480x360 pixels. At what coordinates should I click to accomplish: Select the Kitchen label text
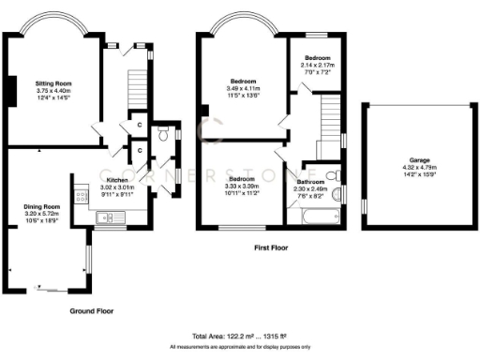pos(117,179)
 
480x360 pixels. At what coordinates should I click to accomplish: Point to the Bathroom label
pos(310,182)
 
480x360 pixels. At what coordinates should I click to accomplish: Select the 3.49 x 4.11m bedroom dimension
pos(241,88)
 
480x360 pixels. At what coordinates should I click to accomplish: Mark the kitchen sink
pos(106,218)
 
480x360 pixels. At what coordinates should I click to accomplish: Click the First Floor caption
pos(270,249)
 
